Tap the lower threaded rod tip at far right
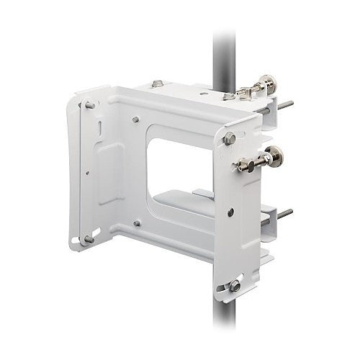pyautogui.click(x=288, y=213)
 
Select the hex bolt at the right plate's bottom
pyautogui.click(x=235, y=285)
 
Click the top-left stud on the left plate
pyautogui.click(x=89, y=105)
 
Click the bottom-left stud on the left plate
pyautogui.click(x=89, y=239)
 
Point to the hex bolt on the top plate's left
pyautogui.click(x=157, y=84)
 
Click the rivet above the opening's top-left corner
pyautogui.click(x=135, y=120)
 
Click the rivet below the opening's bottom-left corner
pyautogui.click(x=136, y=223)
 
